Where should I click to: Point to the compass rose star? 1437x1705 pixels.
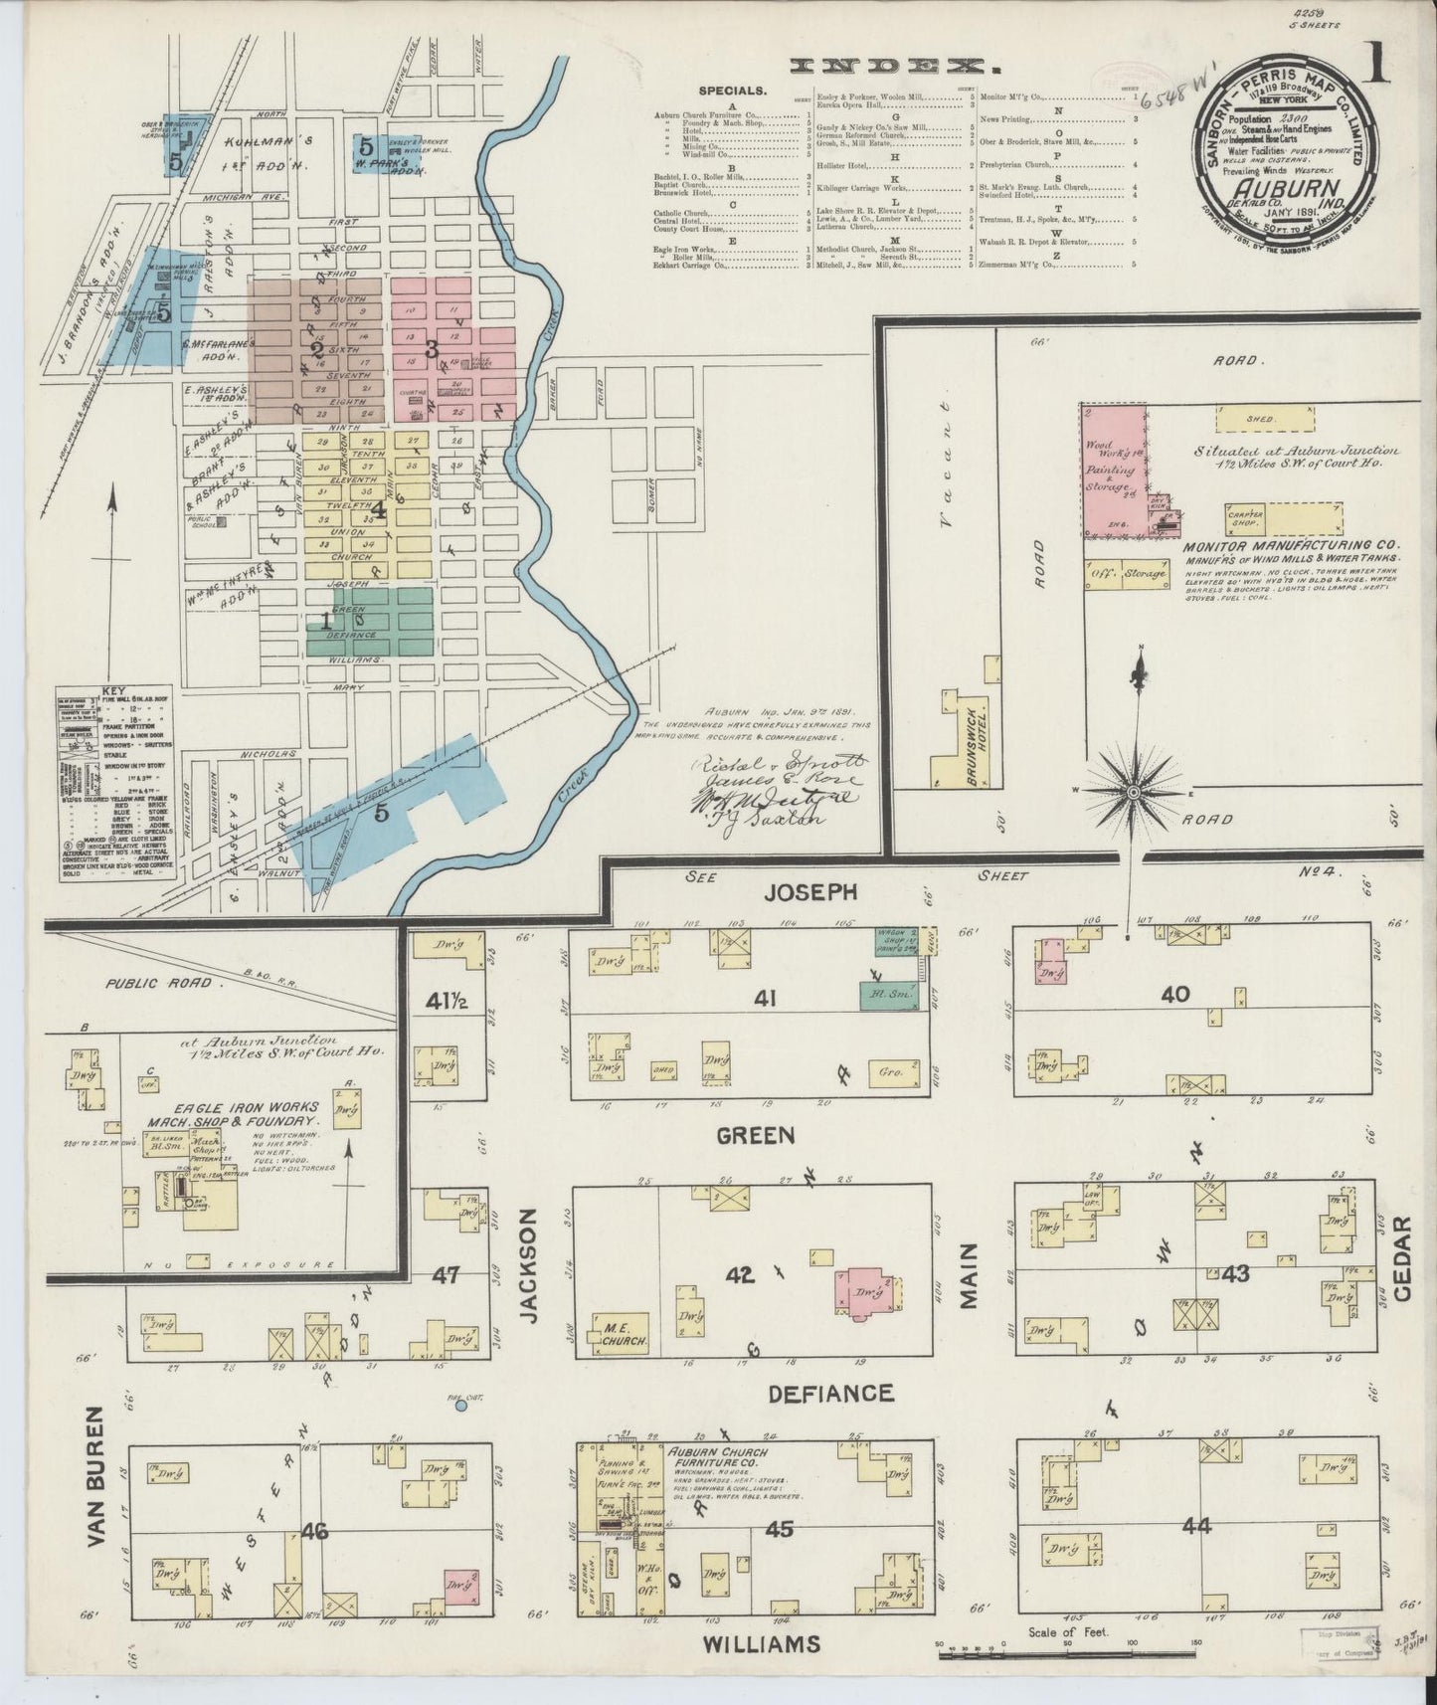[1133, 791]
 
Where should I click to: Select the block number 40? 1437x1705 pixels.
[1176, 995]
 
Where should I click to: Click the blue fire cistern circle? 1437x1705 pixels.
[460, 1406]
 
